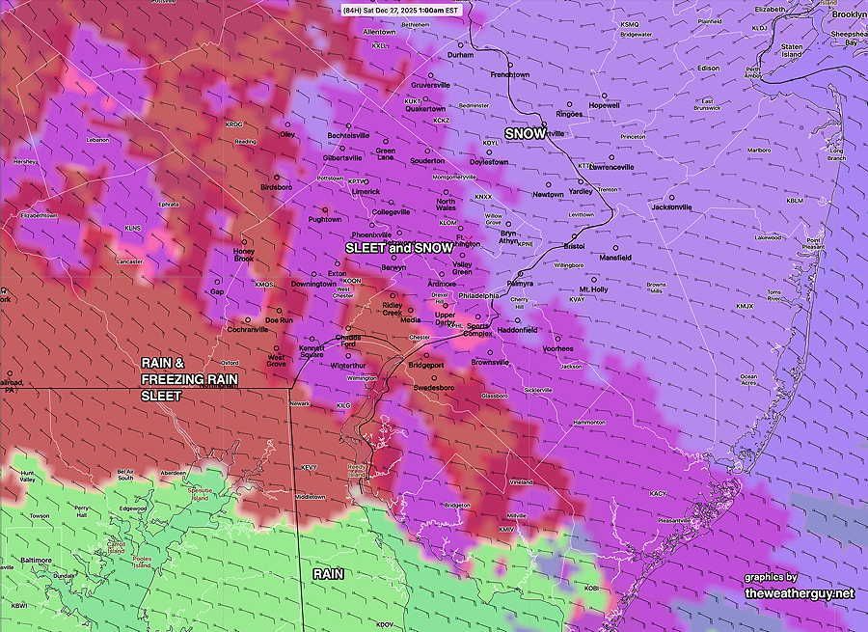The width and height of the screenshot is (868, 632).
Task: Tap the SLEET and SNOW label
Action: (x=399, y=248)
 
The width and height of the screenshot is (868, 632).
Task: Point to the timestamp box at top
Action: (x=402, y=10)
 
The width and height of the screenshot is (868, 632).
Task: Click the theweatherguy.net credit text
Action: (x=799, y=593)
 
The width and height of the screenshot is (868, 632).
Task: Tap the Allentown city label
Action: (x=379, y=32)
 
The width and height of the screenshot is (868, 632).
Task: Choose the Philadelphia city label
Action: (x=479, y=295)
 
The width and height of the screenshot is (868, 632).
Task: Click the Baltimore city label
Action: (x=36, y=560)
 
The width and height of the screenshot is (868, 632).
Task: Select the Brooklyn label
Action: (x=849, y=14)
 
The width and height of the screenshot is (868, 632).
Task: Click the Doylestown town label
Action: (x=488, y=162)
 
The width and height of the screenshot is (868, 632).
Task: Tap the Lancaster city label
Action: (x=129, y=261)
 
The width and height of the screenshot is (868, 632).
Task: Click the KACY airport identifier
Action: (x=658, y=493)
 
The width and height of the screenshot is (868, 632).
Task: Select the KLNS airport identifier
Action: (x=132, y=228)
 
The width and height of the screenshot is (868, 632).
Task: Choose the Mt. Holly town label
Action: (x=593, y=289)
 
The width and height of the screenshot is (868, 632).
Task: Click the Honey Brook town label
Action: (x=244, y=255)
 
